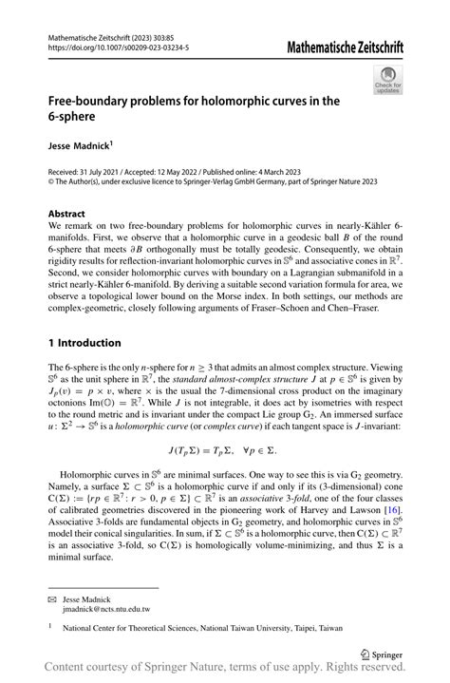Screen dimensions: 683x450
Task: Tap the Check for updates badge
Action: (x=387, y=81)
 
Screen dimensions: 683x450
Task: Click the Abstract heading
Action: (x=68, y=215)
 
